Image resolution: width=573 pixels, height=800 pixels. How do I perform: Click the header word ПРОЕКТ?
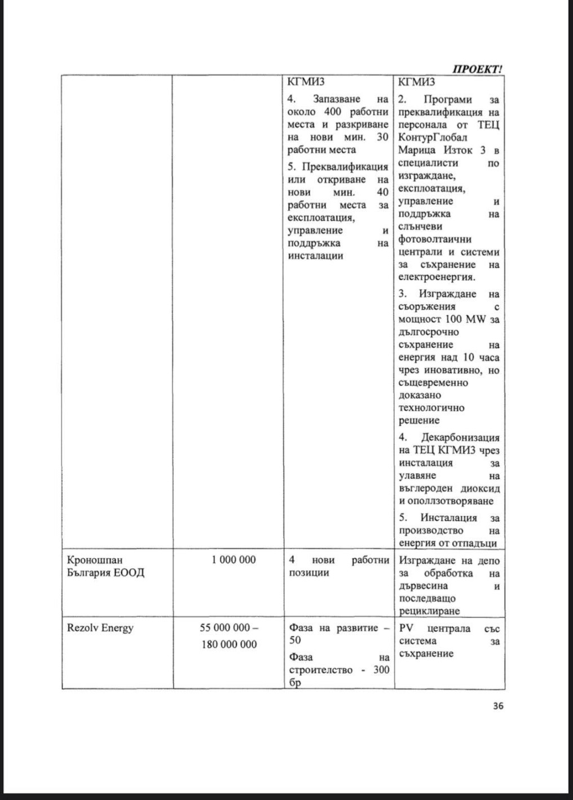point(477,69)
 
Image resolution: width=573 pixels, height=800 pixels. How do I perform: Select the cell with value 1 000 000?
point(233,559)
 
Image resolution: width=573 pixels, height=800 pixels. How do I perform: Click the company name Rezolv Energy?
point(100,628)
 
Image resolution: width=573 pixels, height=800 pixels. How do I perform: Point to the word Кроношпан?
point(94,559)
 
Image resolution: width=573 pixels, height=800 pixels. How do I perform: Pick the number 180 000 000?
point(229,644)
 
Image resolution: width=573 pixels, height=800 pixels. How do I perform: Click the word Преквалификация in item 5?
point(345,167)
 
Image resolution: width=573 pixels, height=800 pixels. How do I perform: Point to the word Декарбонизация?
point(460,437)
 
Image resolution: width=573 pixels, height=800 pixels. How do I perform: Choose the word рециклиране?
point(429,611)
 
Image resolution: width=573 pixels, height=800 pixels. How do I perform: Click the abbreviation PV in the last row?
point(406,628)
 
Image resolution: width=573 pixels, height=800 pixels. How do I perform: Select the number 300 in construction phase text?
point(381,670)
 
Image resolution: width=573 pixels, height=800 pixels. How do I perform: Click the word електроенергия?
point(436,277)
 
